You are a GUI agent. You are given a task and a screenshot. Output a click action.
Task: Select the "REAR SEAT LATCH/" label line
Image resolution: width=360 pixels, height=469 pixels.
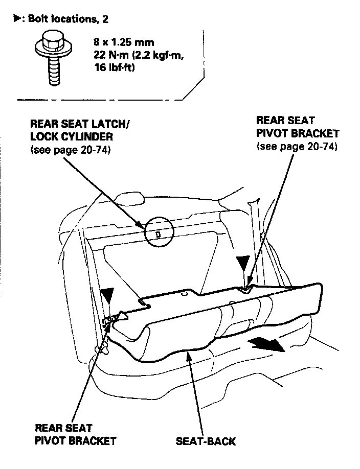pos(80,124)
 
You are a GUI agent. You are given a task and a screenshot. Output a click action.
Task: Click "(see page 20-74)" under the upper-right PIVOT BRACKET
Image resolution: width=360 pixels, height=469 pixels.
pos(297,147)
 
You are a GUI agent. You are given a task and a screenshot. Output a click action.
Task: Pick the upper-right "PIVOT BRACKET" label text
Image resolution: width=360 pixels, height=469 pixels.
pos(297,134)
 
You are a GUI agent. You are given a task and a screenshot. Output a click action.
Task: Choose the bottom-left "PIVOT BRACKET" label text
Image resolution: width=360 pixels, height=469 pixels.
pos(75,440)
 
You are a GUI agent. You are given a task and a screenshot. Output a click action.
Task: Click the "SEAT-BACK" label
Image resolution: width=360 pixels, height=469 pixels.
pos(206,440)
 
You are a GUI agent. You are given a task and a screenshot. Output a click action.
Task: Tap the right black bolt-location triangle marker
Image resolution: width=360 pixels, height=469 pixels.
pos(242,263)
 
